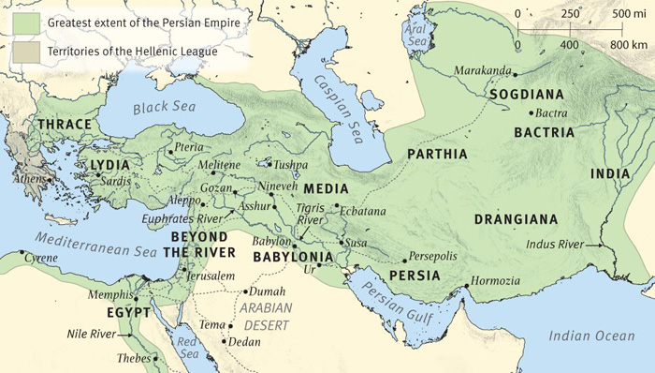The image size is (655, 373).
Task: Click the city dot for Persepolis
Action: [404, 260]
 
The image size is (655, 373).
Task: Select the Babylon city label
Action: [271, 241]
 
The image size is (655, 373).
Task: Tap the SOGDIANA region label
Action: [526, 95]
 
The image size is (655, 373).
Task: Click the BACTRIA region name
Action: [544, 132]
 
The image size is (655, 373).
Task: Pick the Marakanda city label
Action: [483, 71]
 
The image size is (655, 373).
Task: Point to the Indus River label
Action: [555, 245]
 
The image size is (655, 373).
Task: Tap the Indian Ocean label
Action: [591, 336]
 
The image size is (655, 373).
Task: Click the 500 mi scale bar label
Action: [634, 15]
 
